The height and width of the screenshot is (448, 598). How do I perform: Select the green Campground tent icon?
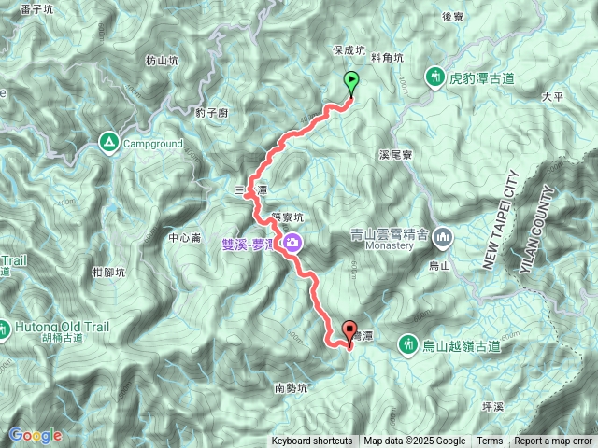tap(108, 143)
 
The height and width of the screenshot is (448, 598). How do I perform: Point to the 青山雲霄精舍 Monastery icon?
tap(443, 236)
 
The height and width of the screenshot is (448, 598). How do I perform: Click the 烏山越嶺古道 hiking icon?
tap(408, 345)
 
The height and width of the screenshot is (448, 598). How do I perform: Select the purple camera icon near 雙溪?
tap(293, 245)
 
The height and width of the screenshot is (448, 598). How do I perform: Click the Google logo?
tap(35, 435)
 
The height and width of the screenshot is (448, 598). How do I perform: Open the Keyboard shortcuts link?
tap(312, 441)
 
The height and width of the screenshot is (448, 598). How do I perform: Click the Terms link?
tap(490, 441)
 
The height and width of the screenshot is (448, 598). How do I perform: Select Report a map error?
tap(554, 441)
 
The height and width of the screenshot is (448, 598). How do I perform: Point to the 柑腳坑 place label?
tap(109, 272)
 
